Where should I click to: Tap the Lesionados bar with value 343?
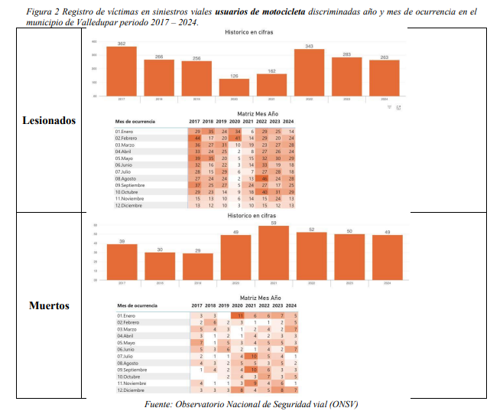click(309, 73)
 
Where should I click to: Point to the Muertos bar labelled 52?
click(310, 259)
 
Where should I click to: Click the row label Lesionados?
click(49, 121)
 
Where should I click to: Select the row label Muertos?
click(49, 305)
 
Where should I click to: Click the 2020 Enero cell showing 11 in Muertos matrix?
click(239, 315)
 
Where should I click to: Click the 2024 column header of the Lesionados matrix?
click(288, 122)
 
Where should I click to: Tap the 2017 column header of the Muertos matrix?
click(197, 306)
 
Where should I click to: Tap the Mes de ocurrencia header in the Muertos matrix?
click(138, 306)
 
